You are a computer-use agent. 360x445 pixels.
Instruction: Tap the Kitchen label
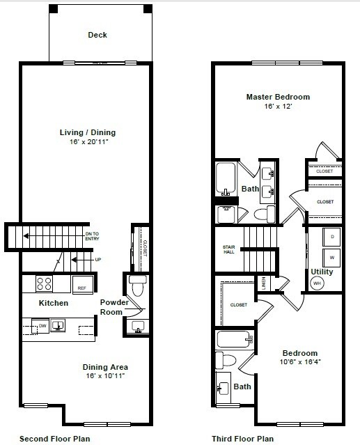point(54,304)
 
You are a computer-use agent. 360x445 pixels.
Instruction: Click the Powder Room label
point(113,306)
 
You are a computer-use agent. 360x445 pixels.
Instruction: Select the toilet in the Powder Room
point(137,286)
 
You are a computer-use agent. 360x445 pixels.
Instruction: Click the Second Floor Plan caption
point(54,439)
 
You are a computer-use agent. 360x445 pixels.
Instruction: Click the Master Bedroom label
point(278,97)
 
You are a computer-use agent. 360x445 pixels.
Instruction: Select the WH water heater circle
point(317,283)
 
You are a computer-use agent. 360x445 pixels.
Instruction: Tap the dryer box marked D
point(331,237)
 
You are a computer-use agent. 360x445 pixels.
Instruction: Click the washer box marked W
point(331,257)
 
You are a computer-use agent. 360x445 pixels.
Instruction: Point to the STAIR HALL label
point(228,249)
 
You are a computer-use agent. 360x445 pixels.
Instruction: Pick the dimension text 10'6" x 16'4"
point(300,362)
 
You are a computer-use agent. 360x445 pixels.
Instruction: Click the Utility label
point(322,272)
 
